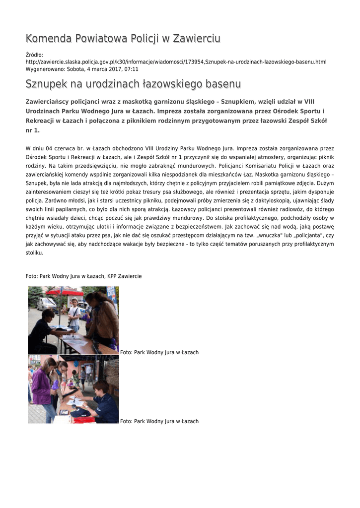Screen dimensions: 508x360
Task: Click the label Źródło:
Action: pos(34,55)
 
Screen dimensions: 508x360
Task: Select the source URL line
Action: pos(176,62)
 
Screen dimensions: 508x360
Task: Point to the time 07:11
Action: pos(131,69)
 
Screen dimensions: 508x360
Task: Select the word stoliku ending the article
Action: pos(34,252)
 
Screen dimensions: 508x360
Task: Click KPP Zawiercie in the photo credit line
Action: pos(124,276)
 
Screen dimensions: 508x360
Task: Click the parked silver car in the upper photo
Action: pos(47,303)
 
